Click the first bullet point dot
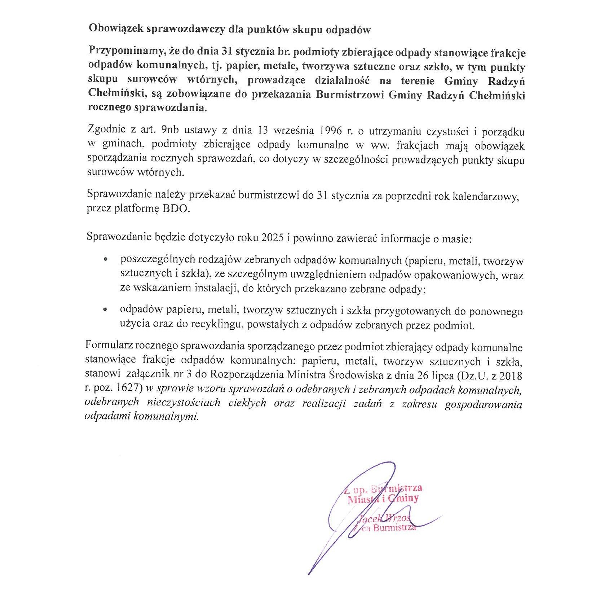pyautogui.click(x=105, y=259)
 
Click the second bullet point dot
pyautogui.click(x=105, y=309)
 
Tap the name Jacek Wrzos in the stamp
pyautogui.click(x=384, y=519)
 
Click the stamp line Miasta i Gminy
pyautogui.click(x=383, y=499)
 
